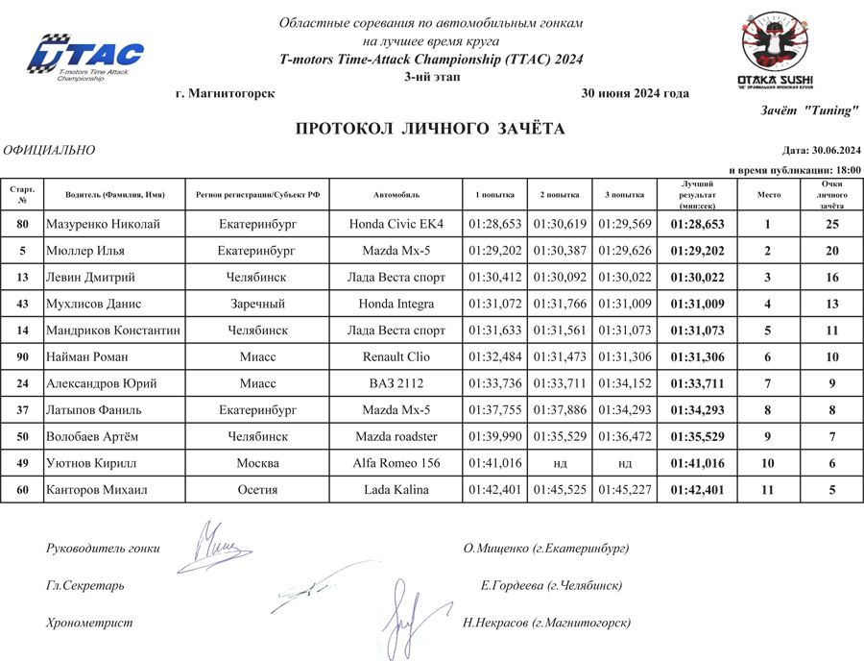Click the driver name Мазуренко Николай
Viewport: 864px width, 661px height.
(x=103, y=224)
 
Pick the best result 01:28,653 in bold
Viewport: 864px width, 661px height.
(x=697, y=224)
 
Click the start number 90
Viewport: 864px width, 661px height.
(x=22, y=356)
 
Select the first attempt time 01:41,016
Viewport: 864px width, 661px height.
(x=495, y=463)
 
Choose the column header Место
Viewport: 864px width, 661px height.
(x=769, y=194)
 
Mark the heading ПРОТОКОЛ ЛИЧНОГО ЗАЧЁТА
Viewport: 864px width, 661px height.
(x=430, y=129)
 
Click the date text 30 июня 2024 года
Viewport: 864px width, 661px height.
(x=636, y=93)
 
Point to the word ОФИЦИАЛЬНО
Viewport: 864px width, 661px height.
(x=49, y=150)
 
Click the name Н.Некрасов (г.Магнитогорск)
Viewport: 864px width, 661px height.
(x=546, y=623)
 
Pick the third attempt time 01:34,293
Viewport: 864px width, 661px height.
(x=626, y=410)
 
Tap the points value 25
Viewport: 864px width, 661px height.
(x=832, y=224)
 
